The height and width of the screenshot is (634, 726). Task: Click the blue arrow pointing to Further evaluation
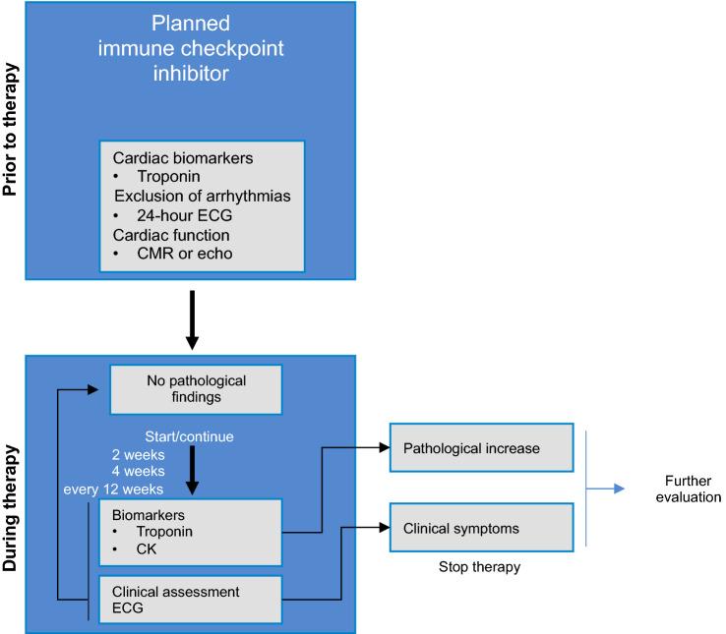605,488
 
